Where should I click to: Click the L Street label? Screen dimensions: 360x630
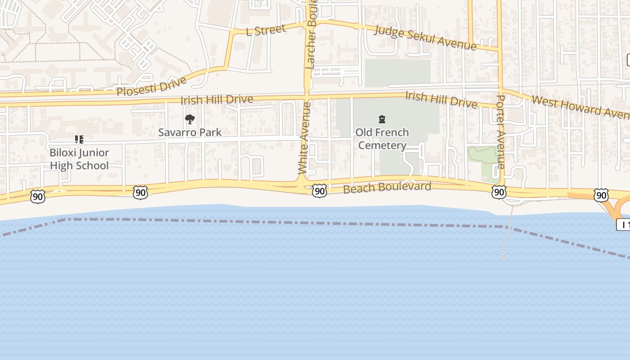click(x=265, y=30)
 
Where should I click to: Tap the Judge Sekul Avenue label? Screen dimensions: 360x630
click(x=425, y=38)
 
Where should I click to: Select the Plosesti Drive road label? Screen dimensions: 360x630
click(x=151, y=86)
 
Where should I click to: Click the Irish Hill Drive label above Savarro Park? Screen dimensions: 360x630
click(x=216, y=99)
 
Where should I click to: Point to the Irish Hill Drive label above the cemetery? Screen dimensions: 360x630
click(x=441, y=99)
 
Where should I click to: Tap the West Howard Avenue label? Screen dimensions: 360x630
click(x=580, y=106)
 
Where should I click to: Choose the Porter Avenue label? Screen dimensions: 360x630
click(x=501, y=131)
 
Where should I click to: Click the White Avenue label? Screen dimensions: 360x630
click(x=305, y=138)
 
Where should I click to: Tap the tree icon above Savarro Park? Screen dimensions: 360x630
click(x=190, y=119)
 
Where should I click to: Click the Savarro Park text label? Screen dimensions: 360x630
click(x=190, y=132)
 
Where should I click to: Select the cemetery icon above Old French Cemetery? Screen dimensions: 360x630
click(x=382, y=119)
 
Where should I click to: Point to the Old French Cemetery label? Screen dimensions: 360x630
click(x=382, y=139)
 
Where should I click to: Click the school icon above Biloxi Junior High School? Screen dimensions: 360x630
click(x=79, y=139)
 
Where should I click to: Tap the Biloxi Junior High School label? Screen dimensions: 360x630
click(x=79, y=159)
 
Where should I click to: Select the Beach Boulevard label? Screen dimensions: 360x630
click(x=387, y=187)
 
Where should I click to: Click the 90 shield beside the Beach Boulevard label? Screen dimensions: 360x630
click(x=319, y=191)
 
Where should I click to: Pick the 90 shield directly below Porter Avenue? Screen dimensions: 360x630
click(x=499, y=192)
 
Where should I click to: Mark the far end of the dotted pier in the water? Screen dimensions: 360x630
click(x=502, y=257)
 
